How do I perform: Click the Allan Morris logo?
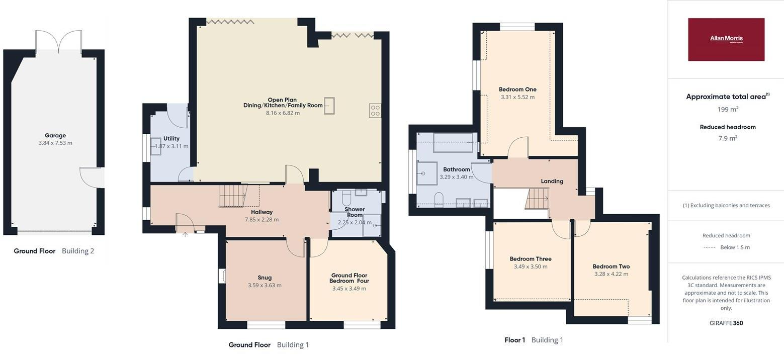(x=726, y=40)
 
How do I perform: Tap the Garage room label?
(x=55, y=135)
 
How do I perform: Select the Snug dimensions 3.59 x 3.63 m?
(x=265, y=285)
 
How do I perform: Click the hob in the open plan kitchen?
(x=375, y=111)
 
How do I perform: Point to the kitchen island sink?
(x=329, y=106)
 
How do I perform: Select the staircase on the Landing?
(x=537, y=199)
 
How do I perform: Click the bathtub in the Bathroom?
(x=453, y=142)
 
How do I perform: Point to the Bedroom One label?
(x=517, y=89)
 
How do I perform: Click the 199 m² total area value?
(x=728, y=109)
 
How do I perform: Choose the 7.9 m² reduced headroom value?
(x=728, y=138)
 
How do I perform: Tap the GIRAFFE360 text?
(x=726, y=323)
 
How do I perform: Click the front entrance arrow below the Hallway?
(x=185, y=234)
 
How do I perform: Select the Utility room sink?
(x=155, y=146)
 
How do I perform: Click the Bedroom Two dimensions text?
(x=611, y=274)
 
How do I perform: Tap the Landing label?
(x=552, y=181)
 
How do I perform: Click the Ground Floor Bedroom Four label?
(x=350, y=278)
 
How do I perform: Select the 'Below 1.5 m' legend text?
(x=735, y=247)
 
